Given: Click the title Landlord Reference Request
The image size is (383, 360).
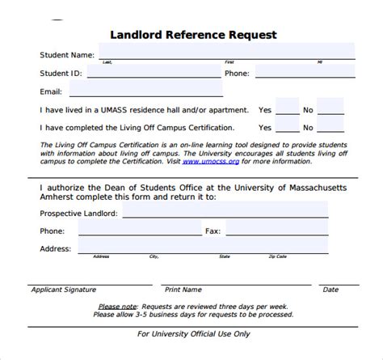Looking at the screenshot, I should coord(193,35).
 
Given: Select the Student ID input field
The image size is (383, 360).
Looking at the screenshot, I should coord(154,73).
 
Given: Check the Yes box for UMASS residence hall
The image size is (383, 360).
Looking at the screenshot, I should coord(286,109).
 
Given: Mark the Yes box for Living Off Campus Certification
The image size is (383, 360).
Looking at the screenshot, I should coord(286,128).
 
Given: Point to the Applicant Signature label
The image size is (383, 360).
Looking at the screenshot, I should coord(63,289).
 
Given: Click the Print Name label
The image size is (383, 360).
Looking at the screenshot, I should coord(183,289).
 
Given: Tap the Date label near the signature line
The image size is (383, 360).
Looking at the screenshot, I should coord(330,289).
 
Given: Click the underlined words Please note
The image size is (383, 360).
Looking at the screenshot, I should coord(116,307).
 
